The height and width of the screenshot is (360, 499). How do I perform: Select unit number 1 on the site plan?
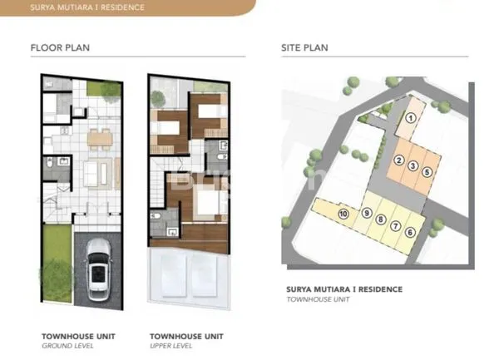click(x=410, y=118)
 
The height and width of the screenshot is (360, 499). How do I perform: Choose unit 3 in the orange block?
click(x=413, y=165)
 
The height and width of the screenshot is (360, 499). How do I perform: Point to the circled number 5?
click(x=427, y=172)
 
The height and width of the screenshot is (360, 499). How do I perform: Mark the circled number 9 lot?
click(x=367, y=214)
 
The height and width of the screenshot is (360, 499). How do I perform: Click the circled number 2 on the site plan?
click(x=399, y=160)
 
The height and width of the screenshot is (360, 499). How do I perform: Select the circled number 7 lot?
click(x=395, y=225)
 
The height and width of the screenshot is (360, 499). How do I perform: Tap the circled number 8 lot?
click(x=381, y=220)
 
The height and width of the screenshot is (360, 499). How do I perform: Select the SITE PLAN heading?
click(x=304, y=47)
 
